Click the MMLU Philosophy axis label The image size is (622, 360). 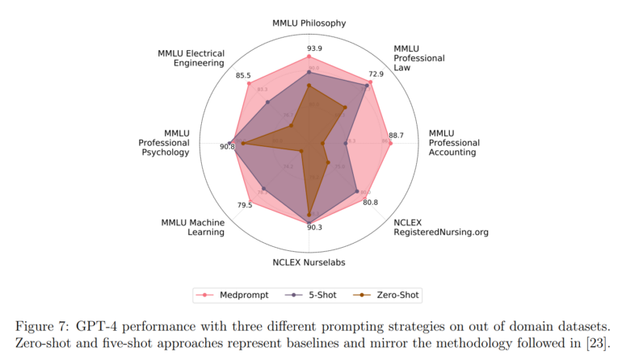(309, 23)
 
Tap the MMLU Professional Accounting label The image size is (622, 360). (453, 143)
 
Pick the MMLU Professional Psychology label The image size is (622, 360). (165, 143)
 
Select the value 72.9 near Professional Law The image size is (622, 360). (376, 74)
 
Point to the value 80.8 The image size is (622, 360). (370, 203)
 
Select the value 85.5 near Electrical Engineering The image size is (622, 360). (243, 75)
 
